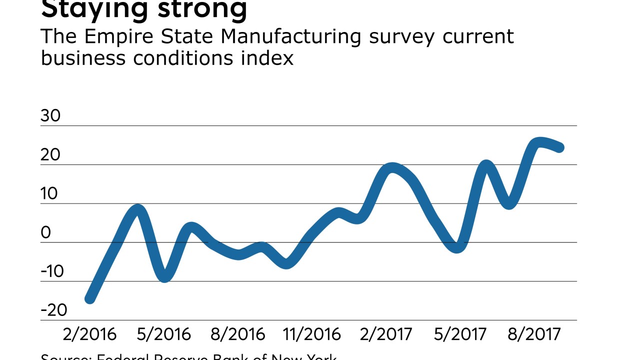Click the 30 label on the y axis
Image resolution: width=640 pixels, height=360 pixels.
pos(50,116)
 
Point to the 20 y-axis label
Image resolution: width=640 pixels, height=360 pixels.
pos(50,155)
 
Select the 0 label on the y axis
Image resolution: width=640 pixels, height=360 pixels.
pos(45,233)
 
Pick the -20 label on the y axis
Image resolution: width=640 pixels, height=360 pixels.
pos(54,310)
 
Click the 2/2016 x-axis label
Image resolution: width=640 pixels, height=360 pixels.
pos(89,334)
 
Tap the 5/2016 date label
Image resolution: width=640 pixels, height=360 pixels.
pos(163,334)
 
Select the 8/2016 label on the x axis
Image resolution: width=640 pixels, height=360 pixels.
pos(237,334)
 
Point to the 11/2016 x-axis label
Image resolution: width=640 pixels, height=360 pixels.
pos(312,334)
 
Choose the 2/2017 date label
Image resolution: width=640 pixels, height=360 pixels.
pos(385,334)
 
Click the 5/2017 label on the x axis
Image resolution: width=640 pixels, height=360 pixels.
pos(459,334)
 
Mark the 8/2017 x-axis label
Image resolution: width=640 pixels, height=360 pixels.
pos(533,334)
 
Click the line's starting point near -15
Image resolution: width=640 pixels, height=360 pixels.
pos(89,299)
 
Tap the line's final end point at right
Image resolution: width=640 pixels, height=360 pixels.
pos(560,147)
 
